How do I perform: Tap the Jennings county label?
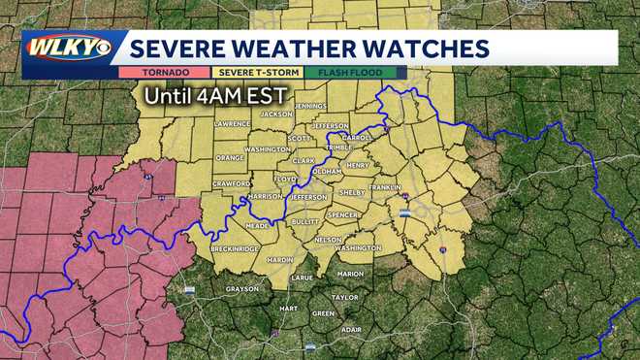pyautogui.click(x=309, y=105)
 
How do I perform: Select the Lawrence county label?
pyautogui.click(x=233, y=124)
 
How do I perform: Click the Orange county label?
pyautogui.click(x=230, y=157)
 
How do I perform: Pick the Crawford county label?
pyautogui.click(x=232, y=183)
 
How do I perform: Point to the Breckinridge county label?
pyautogui.click(x=235, y=249)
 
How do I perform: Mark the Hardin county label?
pyautogui.click(x=279, y=260)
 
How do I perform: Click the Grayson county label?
pyautogui.click(x=242, y=288)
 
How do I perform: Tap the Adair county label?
pyautogui.click(x=351, y=329)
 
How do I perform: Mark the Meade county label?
pyautogui.click(x=257, y=225)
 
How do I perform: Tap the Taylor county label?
pyautogui.click(x=344, y=298)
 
